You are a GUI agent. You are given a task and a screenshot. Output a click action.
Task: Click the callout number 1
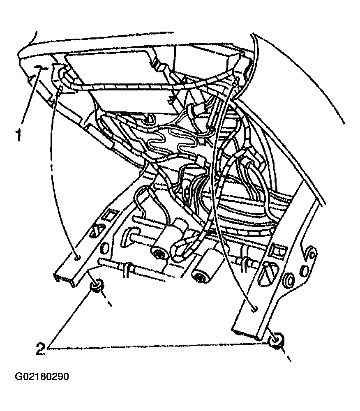click(18, 135)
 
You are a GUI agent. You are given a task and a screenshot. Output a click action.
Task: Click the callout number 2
click(40, 349)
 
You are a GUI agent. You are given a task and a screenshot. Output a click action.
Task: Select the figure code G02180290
click(42, 376)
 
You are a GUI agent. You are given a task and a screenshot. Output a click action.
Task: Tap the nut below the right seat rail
click(276, 340)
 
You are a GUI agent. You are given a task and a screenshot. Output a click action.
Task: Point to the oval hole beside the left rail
click(104, 248)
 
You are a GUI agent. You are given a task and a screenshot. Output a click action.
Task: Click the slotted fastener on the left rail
click(96, 230)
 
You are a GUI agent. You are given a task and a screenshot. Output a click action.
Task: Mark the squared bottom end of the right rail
click(246, 332)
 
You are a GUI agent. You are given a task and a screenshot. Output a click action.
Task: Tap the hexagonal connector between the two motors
click(180, 249)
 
